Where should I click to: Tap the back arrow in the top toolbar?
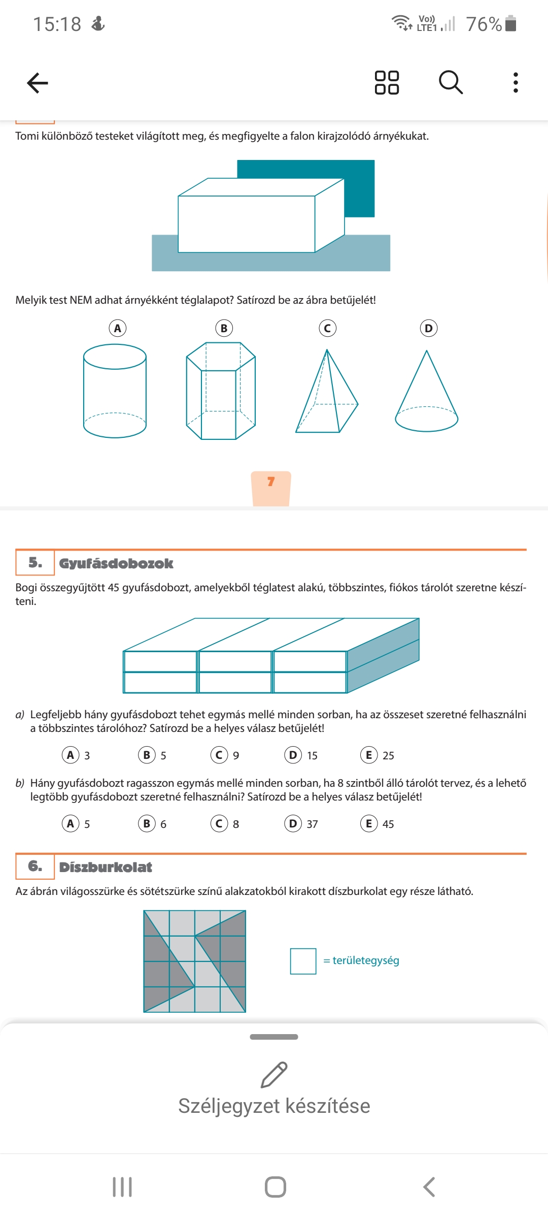(38, 83)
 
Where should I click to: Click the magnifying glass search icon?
(451, 82)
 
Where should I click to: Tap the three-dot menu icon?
(516, 82)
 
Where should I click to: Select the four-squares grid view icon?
(387, 82)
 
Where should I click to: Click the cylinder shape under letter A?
(115, 391)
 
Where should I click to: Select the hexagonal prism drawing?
(221, 391)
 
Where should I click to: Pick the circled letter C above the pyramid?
(327, 328)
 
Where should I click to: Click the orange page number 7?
(271, 482)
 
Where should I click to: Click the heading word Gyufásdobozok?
(116, 563)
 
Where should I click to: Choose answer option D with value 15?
(293, 755)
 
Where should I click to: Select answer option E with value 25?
(369, 755)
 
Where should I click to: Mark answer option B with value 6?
(147, 823)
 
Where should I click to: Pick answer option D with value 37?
(293, 823)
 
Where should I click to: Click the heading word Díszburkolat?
(106, 867)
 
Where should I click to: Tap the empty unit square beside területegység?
(303, 961)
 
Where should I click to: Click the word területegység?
(366, 960)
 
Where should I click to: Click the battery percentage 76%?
(484, 24)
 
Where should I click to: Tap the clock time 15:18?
(57, 24)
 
